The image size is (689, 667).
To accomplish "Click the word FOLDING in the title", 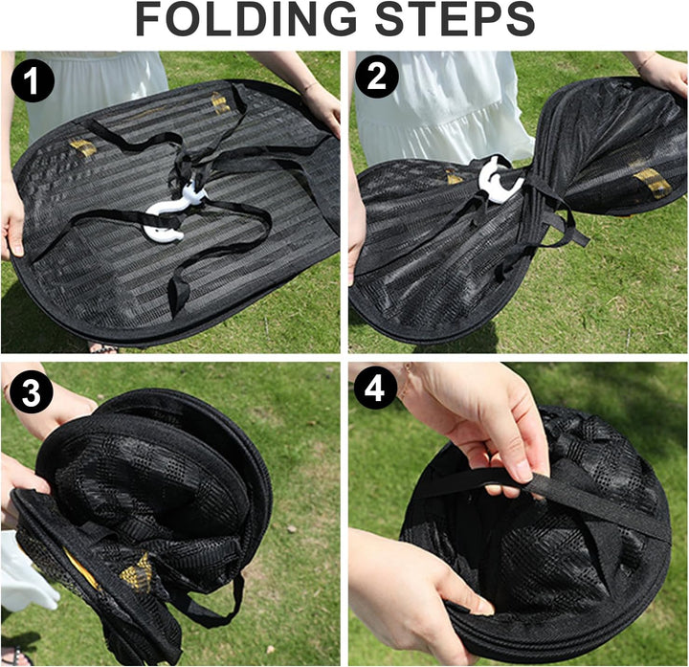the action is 246,19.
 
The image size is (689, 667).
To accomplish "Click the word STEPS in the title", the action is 456,19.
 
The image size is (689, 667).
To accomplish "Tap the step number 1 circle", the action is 33,80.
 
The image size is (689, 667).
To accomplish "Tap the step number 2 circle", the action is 377,76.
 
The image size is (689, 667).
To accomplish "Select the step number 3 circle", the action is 32,391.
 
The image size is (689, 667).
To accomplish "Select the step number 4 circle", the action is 375,388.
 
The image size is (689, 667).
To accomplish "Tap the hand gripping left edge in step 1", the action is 11,220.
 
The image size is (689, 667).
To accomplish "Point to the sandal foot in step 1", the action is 103,348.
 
